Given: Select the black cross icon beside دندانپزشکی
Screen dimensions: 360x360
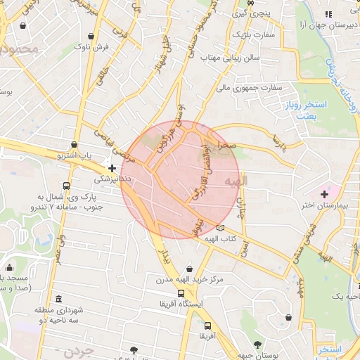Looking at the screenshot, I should click(x=112, y=168).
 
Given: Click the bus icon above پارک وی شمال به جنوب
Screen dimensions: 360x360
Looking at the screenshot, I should click(x=66, y=186).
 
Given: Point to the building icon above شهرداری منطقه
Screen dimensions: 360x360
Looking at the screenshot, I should click(x=57, y=298).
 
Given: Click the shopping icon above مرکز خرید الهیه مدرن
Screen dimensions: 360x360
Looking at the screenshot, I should click(x=189, y=269).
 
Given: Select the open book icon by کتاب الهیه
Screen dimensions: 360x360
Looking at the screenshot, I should click(x=221, y=228).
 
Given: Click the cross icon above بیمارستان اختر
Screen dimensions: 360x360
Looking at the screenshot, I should click(x=324, y=193).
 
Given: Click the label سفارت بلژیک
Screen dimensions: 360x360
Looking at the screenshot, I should click(x=250, y=33).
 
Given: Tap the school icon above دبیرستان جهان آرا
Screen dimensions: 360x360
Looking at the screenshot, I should click(x=326, y=14).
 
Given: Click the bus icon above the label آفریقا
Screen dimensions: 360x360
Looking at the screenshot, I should click(x=207, y=326).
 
